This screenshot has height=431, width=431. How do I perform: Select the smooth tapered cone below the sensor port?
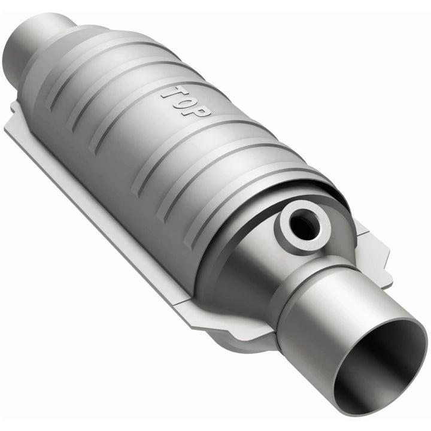pyautogui.click(x=239, y=275)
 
